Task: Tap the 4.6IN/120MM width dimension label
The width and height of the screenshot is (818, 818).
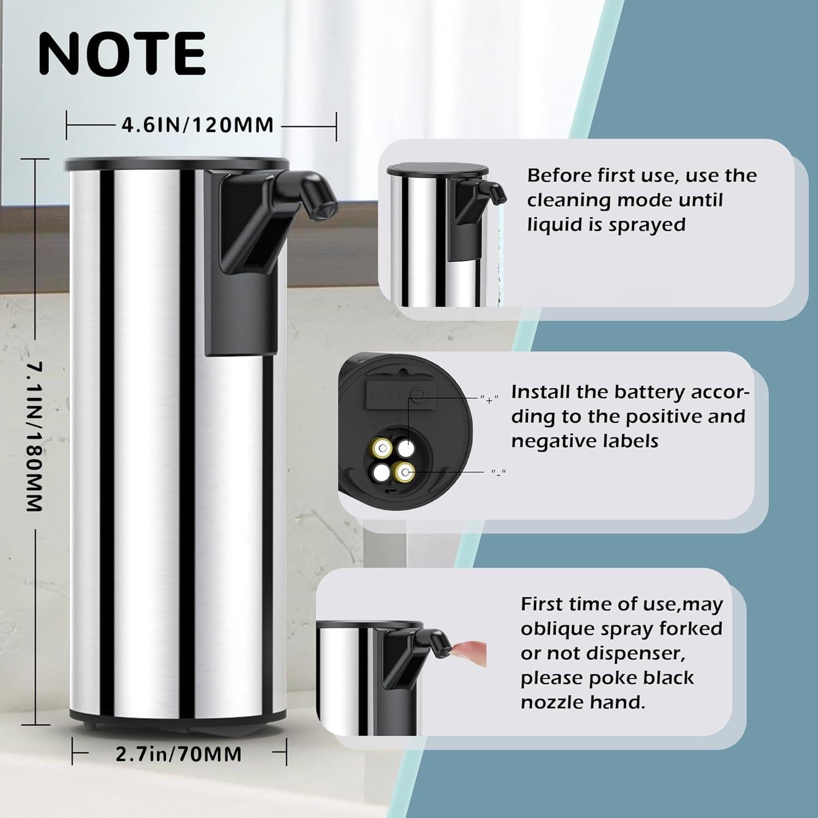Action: point(197,125)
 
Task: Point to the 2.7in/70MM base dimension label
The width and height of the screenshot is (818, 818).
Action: point(178,754)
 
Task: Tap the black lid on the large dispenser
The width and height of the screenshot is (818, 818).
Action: point(176,163)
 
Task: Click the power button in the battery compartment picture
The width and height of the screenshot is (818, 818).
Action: point(416,393)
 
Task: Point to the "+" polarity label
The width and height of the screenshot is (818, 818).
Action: point(489,400)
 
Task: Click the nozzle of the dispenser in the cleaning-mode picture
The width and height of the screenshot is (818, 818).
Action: point(492,193)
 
